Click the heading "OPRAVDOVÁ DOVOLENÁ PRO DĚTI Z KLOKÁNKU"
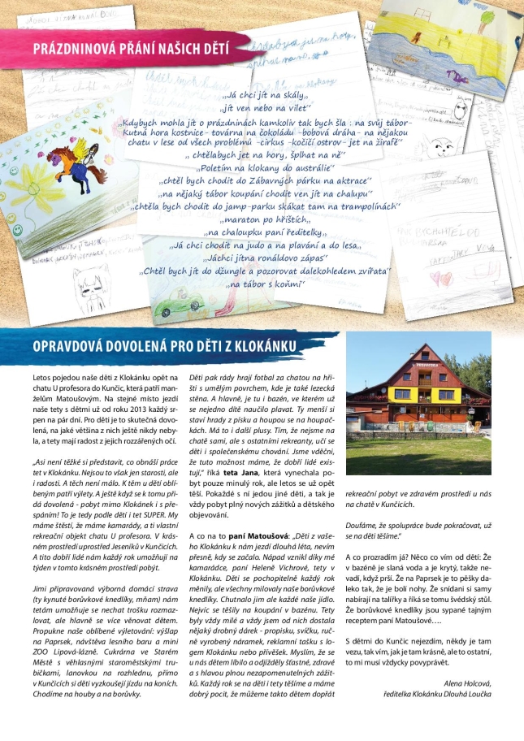tap(162, 347)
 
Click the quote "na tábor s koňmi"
tap(266, 284)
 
